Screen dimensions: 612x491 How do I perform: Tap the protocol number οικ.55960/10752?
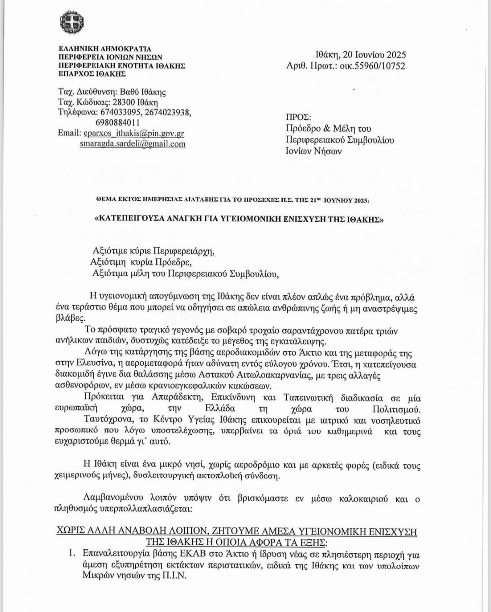(372, 66)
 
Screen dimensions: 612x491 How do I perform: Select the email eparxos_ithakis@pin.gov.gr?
(134, 134)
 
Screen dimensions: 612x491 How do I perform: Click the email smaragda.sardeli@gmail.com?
(132, 144)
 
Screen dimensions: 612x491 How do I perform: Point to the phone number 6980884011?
(117, 123)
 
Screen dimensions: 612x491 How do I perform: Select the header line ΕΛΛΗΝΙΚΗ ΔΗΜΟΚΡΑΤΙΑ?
(105, 49)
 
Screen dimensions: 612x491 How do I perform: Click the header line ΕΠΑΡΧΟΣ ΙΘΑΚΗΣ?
(92, 74)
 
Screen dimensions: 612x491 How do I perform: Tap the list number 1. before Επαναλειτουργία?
(72, 554)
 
